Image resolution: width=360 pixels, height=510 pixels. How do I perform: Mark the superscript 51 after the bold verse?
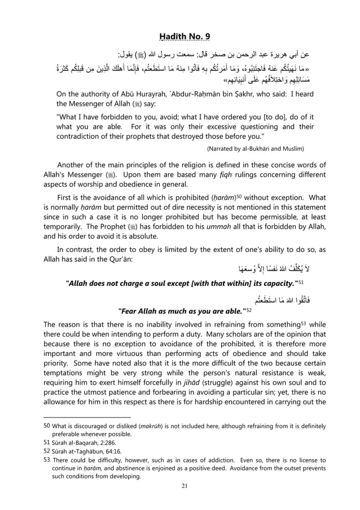pyautogui.click(x=297, y=281)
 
